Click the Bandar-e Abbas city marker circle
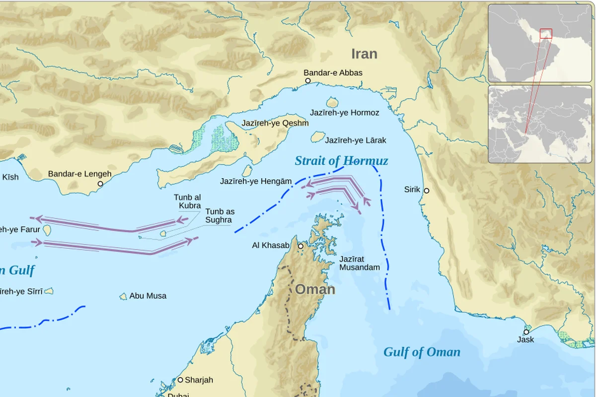coord(307,80)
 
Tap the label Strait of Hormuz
coord(341,161)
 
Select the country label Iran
coord(364,54)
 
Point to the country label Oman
coord(315,289)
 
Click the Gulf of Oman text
coord(421,352)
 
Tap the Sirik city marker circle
coord(426,191)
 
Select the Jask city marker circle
coord(526,332)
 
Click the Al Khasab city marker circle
coord(300,246)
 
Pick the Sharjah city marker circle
coord(180,380)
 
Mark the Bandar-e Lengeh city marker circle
coord(100,184)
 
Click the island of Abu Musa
coord(123,296)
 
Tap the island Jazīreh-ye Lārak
coord(318,137)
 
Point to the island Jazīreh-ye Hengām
coord(247,171)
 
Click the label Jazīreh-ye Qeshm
coord(275,123)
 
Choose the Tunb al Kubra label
coord(187,201)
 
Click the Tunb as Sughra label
coord(220,215)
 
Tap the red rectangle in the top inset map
coord(546,34)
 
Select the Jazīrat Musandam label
coord(359,263)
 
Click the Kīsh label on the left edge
coord(10,177)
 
